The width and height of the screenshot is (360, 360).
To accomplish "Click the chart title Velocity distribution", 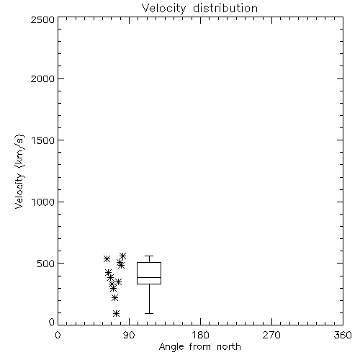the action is coord(199,8).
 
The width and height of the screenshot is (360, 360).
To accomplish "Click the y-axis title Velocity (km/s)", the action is coord(19,171).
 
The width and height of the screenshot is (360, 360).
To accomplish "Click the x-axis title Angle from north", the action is coord(199,347).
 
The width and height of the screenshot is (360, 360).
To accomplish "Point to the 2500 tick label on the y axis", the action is coord(42,19).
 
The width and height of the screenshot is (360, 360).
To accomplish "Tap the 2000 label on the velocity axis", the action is coord(42,78).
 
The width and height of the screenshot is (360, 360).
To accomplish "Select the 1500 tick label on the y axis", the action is coord(43,140).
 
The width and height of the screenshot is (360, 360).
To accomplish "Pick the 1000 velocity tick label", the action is coord(43,202).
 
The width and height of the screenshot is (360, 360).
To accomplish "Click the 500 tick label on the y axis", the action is coord(46,264).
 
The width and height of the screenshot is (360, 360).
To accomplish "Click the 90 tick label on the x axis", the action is coord(129,335).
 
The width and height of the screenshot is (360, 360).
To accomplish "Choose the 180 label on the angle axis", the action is coord(200,335).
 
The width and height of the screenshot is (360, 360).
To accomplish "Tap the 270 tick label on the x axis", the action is coord(271,335).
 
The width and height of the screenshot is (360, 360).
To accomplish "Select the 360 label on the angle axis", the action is coord(343,335).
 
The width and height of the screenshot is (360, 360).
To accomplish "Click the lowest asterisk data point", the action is coord(116,313).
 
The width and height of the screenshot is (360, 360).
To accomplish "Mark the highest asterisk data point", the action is coord(123,256).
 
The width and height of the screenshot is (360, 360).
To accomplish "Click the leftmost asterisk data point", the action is coord(107,259).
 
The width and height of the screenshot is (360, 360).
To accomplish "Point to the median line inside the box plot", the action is coord(149,277).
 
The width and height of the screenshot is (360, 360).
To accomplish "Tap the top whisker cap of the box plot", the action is coord(149,256).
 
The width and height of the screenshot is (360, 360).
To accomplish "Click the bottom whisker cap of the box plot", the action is coord(149,313).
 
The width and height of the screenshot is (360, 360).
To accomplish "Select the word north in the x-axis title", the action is coord(229,347).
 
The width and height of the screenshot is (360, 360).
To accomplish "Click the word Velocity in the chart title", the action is coord(163,9).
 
